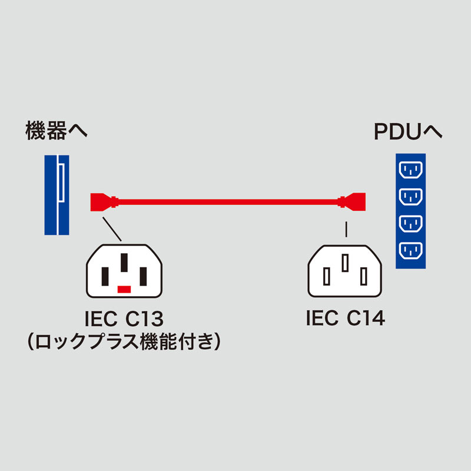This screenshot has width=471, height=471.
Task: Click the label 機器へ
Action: click(x=57, y=131)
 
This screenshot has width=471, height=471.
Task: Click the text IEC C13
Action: click(x=124, y=320)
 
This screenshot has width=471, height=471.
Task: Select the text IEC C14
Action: click(x=345, y=319)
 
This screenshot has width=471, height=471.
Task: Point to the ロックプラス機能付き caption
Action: click(x=124, y=341)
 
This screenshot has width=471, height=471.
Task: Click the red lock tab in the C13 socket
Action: click(x=124, y=289)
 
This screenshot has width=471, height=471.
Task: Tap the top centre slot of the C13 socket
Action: click(x=124, y=262)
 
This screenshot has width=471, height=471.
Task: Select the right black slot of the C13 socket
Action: click(x=143, y=275)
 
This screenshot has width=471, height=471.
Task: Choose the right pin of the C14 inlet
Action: click(x=364, y=275)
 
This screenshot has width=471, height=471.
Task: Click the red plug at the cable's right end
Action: click(x=357, y=201)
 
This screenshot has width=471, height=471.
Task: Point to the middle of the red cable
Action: click(x=230, y=201)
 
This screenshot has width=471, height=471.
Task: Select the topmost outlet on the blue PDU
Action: click(x=411, y=170)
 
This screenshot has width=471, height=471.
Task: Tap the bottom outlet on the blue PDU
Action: click(x=411, y=251)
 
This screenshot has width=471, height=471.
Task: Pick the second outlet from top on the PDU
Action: click(x=411, y=197)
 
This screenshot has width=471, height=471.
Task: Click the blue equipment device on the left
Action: click(x=57, y=195)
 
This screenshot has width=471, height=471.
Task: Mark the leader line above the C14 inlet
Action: click(x=346, y=228)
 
